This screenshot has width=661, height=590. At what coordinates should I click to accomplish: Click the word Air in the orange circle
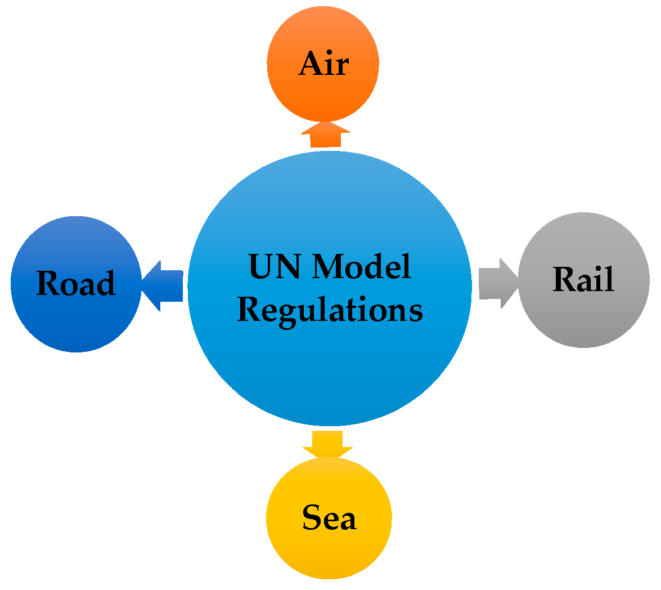323,64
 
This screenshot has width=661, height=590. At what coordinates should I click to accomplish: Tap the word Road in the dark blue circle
76,283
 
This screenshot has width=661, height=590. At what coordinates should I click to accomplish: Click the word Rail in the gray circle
583,279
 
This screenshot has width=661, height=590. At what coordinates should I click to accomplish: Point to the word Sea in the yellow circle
329,517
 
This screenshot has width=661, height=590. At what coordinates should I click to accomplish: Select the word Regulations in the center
330,310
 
